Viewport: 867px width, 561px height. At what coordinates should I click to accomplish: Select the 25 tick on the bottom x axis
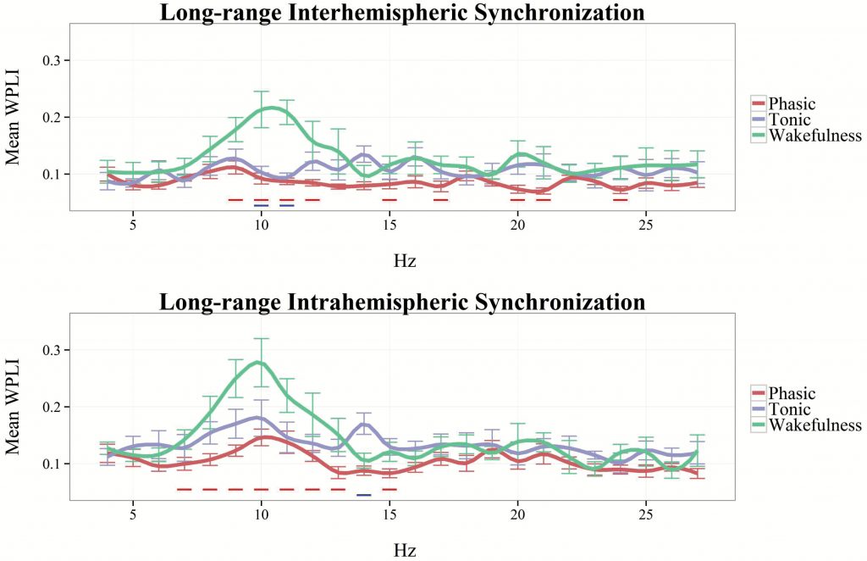[x=645, y=514]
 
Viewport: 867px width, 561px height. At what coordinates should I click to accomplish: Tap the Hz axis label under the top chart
[x=405, y=261]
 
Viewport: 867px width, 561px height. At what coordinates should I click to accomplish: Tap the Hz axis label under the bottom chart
[x=405, y=550]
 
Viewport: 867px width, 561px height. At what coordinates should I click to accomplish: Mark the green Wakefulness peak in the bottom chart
[x=260, y=363]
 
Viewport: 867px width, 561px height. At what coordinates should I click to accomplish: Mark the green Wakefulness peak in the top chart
[x=269, y=108]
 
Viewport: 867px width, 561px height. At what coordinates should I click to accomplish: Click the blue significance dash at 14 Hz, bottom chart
[x=364, y=494]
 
